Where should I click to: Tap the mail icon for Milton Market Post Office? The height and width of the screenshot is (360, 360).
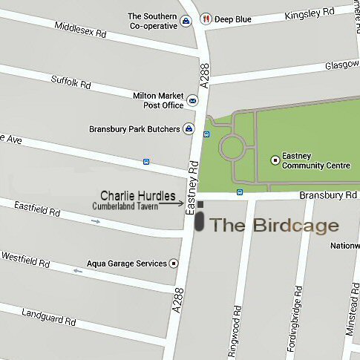click(x=193, y=100)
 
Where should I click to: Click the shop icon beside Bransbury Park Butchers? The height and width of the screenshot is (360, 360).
click(x=189, y=129)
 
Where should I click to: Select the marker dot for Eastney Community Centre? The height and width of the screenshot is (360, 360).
click(x=275, y=159)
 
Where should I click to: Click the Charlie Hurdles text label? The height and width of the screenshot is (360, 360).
click(x=138, y=196)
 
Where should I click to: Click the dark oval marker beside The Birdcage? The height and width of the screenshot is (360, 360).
click(x=200, y=221)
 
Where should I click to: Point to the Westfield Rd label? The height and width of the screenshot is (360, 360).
click(x=25, y=260)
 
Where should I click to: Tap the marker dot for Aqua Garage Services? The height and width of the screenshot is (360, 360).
click(x=174, y=263)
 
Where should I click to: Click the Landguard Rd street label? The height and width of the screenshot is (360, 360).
click(x=49, y=318)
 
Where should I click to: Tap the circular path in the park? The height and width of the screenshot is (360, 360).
click(x=232, y=148)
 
